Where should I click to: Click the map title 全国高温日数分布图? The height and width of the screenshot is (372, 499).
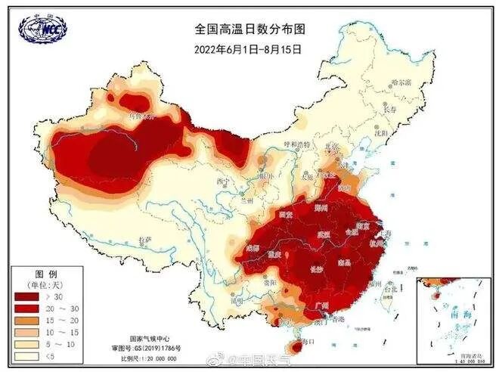[x=248, y=29]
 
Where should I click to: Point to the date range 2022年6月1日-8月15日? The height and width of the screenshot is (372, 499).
[x=248, y=49]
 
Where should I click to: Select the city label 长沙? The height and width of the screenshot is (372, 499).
[x=318, y=268]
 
